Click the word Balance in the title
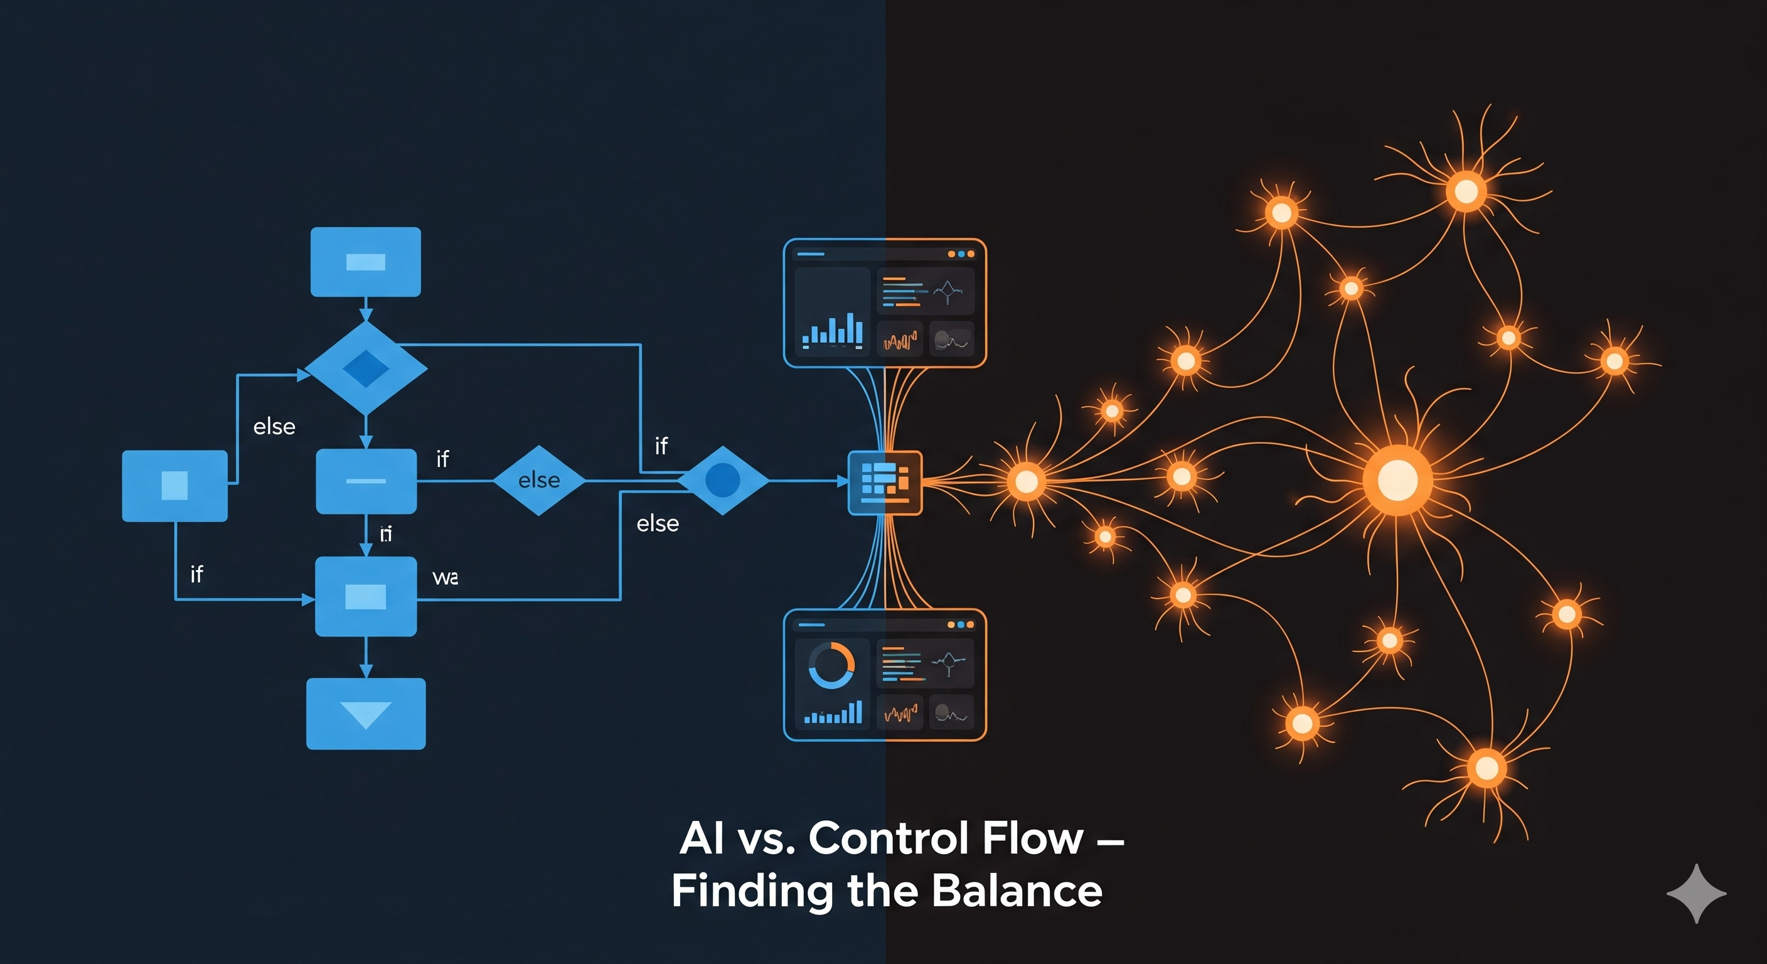click(x=1017, y=891)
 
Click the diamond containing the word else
click(x=539, y=480)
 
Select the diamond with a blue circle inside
click(x=722, y=480)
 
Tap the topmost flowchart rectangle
click(x=366, y=262)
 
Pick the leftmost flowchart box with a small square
click(x=174, y=486)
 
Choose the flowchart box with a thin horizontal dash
click(x=366, y=481)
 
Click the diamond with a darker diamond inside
click(x=366, y=368)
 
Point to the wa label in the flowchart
click(x=445, y=578)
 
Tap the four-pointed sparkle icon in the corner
click(x=1695, y=893)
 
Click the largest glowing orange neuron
click(x=1397, y=479)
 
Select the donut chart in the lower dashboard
click(x=831, y=665)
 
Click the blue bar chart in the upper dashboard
click(x=832, y=330)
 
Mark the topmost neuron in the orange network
click(x=1466, y=190)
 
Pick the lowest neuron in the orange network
click(x=1487, y=768)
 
